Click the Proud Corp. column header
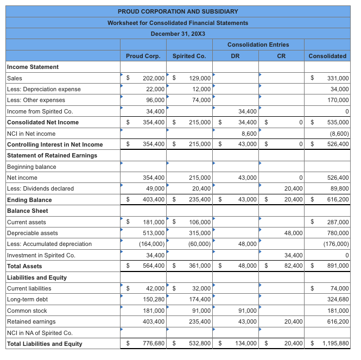[143, 56]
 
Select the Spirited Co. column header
[189, 56]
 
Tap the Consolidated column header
[327, 56]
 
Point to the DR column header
[235, 56]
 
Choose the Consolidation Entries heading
[258, 45]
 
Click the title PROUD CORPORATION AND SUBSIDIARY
[178, 11]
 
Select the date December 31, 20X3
[178, 34]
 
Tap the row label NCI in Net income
[31, 134]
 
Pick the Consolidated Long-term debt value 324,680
[337, 300]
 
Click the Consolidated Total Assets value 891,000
[337, 266]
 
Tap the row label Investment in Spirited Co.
[41, 255]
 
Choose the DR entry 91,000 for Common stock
[248, 311]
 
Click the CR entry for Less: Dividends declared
[292, 189]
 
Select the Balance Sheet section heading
[27, 211]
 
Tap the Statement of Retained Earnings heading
[52, 155]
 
